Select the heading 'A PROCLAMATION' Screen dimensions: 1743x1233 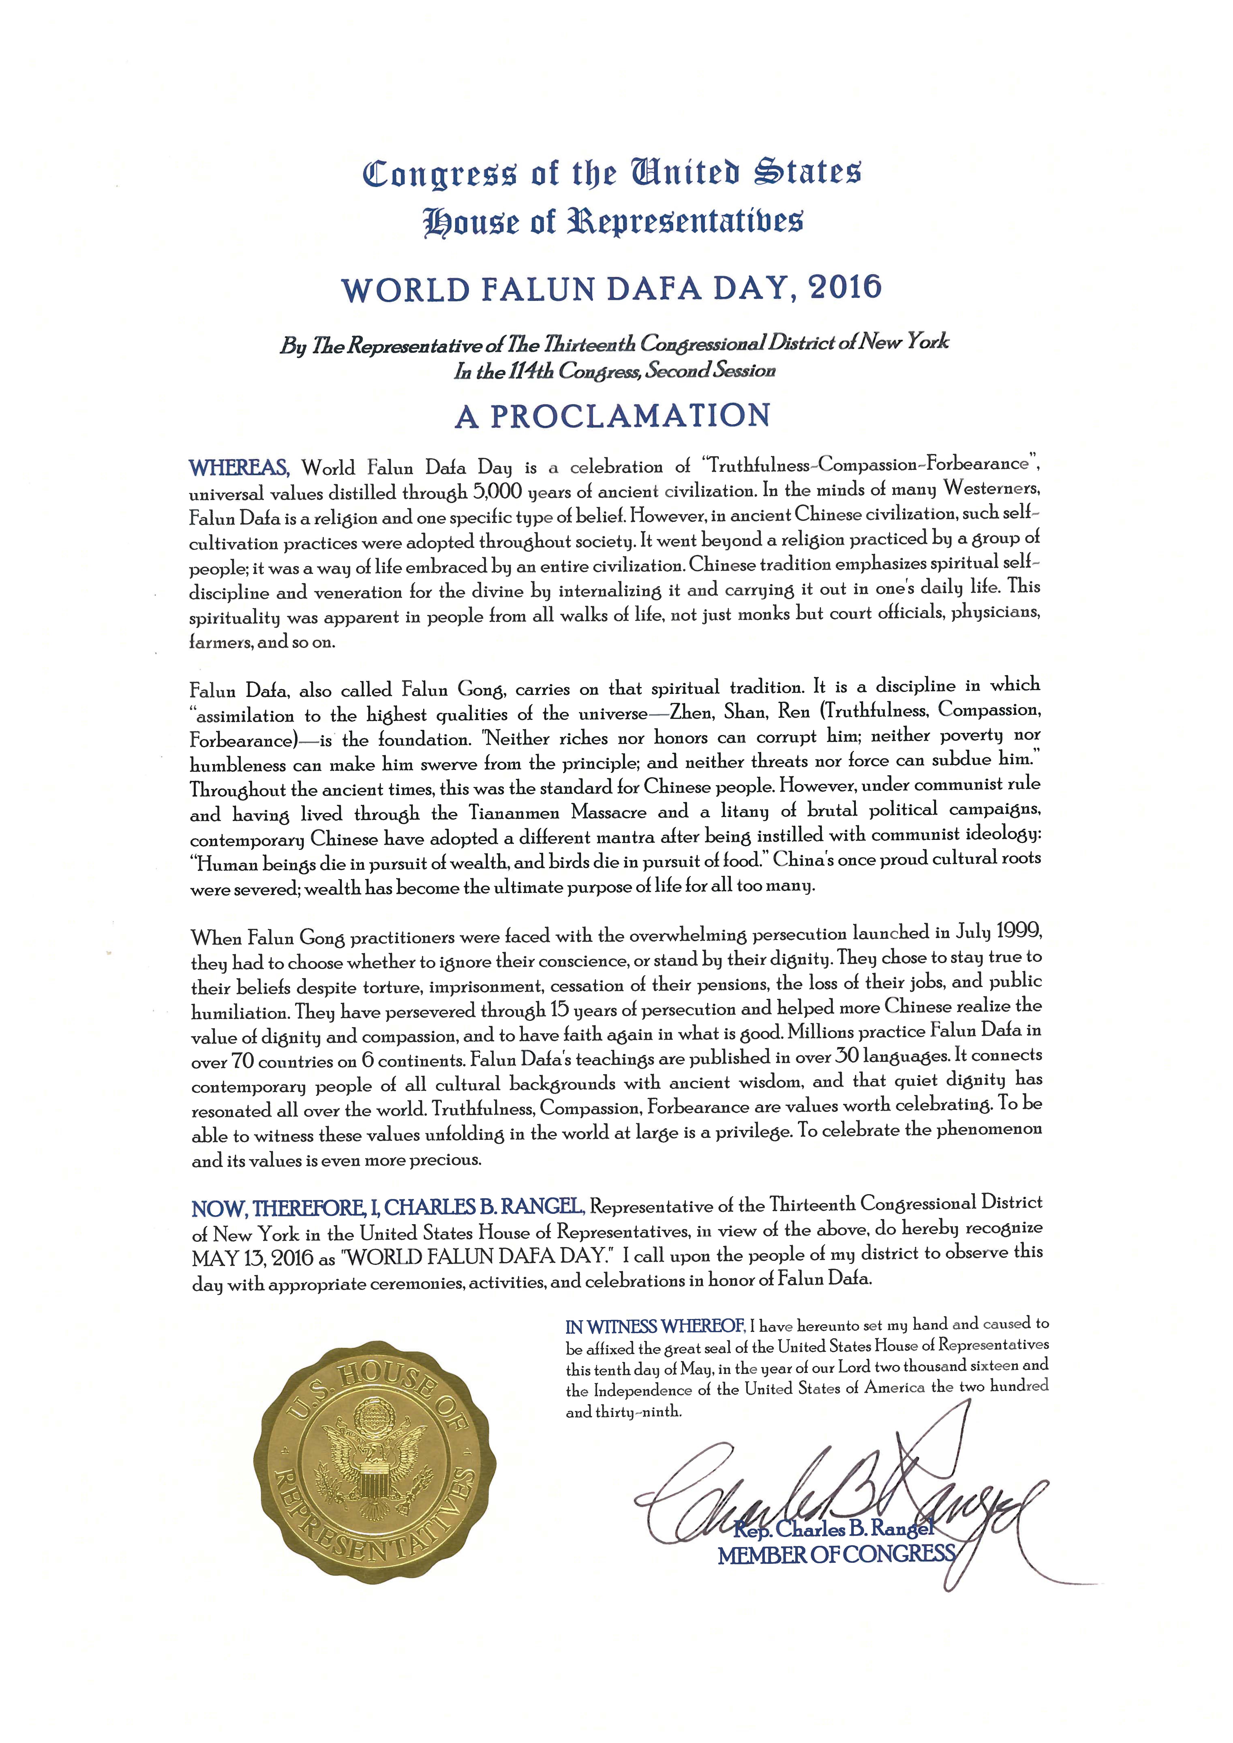(x=613, y=416)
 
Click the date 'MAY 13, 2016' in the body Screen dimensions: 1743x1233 (x=253, y=1258)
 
